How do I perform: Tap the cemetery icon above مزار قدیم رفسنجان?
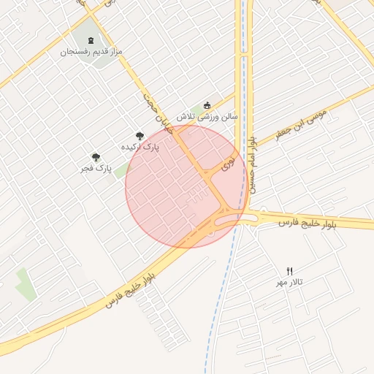tap(91, 39)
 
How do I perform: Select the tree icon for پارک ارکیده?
tap(140, 135)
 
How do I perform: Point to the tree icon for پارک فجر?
tap(96, 157)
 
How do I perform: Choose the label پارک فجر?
tap(96, 169)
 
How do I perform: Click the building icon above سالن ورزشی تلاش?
tap(207, 105)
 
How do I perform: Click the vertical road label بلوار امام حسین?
tap(252, 164)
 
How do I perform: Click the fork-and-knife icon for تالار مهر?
tap(289, 271)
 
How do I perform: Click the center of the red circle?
tap(186, 187)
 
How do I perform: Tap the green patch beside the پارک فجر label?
tap(121, 172)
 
